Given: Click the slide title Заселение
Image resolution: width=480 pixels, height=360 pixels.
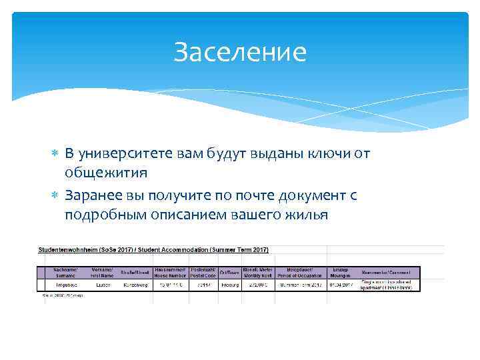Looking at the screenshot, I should pyautogui.click(x=240, y=52).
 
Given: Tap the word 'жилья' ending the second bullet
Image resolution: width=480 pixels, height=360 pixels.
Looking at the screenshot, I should pyautogui.click(x=305, y=214).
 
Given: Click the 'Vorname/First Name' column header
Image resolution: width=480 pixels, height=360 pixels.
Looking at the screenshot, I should pyautogui.click(x=102, y=272).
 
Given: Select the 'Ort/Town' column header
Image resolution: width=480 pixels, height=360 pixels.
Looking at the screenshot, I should pyautogui.click(x=229, y=272).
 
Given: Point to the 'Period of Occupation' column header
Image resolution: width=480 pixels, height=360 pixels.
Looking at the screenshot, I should pyautogui.click(x=297, y=272).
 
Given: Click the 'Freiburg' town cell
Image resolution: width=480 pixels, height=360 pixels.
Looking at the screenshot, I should pyautogui.click(x=229, y=284).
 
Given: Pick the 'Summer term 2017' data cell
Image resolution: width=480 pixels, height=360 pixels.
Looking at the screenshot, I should pyautogui.click(x=297, y=284).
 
